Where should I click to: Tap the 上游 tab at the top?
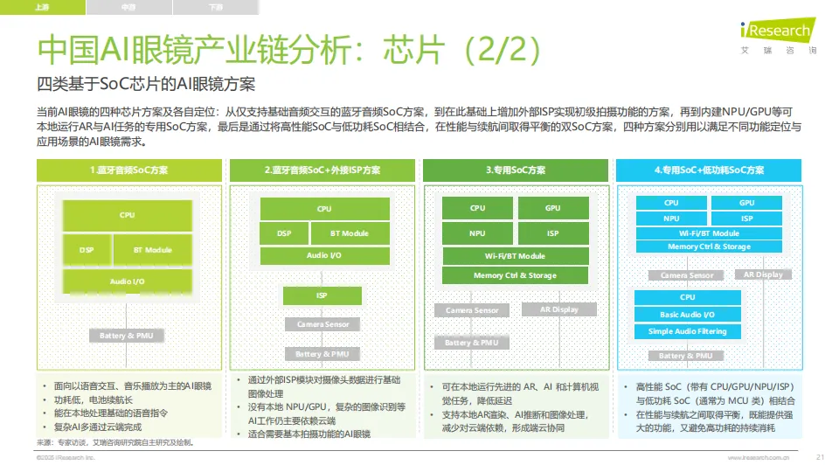pyautogui.click(x=43, y=7)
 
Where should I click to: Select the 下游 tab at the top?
pyautogui.click(x=216, y=7)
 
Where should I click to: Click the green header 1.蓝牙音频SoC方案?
pyautogui.click(x=129, y=170)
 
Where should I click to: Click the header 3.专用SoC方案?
pyautogui.click(x=516, y=170)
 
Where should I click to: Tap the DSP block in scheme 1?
pyautogui.click(x=86, y=250)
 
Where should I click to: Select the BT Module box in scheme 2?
pyautogui.click(x=349, y=233)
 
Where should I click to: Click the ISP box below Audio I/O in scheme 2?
pyautogui.click(x=322, y=295)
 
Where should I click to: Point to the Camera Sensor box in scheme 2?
pyautogui.click(x=322, y=324)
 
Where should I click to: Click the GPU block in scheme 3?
pyautogui.click(x=552, y=208)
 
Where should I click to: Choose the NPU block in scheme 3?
pyautogui.click(x=477, y=233)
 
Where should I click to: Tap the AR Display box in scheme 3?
pyautogui.click(x=558, y=309)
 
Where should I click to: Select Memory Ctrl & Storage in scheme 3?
pyautogui.click(x=515, y=275)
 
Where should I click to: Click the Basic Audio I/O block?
pyautogui.click(x=687, y=315)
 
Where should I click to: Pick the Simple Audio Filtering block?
pyautogui.click(x=687, y=331)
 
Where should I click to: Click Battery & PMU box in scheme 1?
pyautogui.click(x=126, y=336)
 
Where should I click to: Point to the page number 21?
pyautogui.click(x=820, y=457)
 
